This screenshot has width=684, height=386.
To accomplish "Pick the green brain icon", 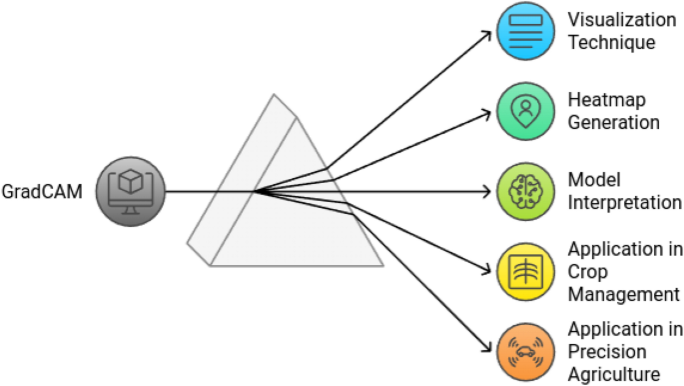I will click(523, 191).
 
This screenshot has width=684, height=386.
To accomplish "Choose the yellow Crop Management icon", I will click(523, 270).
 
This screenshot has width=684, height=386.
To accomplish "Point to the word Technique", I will click(611, 43).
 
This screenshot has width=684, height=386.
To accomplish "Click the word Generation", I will click(613, 123).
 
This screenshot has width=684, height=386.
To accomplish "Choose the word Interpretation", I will click(624, 202).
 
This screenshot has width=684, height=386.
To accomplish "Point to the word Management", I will click(623, 293).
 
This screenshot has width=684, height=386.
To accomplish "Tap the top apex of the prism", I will click(273, 96).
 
